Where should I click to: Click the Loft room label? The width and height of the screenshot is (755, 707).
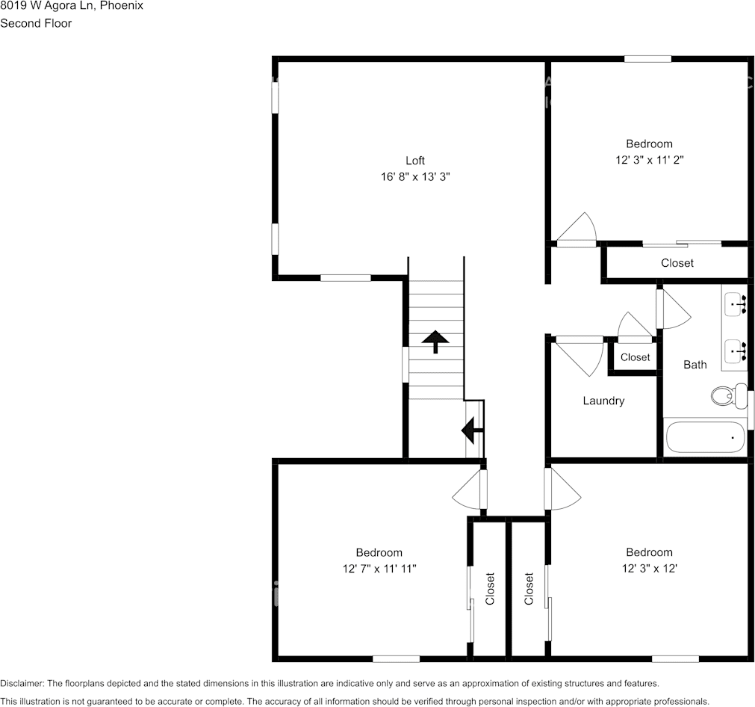[x=415, y=161]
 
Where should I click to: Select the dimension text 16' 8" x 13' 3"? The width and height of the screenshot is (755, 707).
[x=415, y=177]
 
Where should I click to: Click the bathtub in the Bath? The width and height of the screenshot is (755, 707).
[x=705, y=437]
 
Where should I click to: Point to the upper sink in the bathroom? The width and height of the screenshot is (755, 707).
[x=736, y=303]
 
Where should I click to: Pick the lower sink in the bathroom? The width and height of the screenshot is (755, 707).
[x=736, y=348]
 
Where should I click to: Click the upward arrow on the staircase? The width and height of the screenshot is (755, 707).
[x=435, y=342]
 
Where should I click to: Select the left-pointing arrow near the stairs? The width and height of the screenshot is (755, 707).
[x=472, y=430]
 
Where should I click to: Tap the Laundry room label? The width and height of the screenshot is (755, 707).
[x=603, y=401]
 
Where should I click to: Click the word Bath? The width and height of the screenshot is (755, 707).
[x=695, y=365]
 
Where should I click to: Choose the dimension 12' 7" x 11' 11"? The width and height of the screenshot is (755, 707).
[x=379, y=569]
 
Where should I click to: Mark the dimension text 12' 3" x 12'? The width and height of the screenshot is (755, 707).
[x=649, y=569]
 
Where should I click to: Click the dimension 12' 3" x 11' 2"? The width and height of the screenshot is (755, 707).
[x=649, y=160]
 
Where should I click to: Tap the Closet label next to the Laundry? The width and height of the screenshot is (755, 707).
[x=635, y=357]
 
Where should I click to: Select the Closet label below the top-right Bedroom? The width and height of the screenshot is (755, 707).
[x=677, y=263]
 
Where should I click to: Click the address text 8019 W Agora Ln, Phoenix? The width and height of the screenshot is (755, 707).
[x=72, y=6]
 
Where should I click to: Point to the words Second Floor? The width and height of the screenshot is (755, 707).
[x=36, y=23]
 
